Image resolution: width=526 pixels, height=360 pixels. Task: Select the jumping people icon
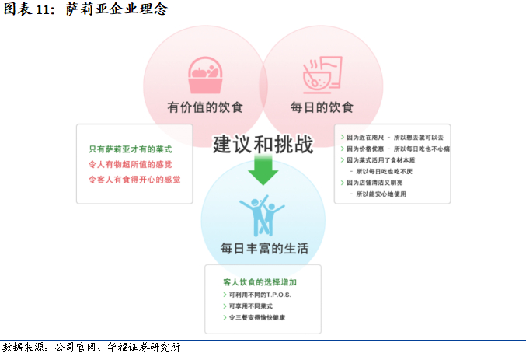(263, 216)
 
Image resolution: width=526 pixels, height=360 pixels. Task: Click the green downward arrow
(263, 169)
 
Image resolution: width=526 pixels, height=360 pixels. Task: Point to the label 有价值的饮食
(205, 107)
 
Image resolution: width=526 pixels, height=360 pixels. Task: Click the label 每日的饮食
(322, 107)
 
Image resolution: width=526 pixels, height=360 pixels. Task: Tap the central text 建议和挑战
(263, 144)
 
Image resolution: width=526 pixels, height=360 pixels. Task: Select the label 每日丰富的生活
(264, 249)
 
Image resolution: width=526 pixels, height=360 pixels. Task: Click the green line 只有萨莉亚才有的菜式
(130, 149)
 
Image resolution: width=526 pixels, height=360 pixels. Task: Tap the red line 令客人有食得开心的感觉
(134, 180)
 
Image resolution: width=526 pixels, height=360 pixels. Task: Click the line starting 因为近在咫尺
(392, 137)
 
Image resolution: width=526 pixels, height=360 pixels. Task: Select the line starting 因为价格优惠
(395, 149)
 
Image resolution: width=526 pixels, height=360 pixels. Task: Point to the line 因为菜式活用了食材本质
(386, 159)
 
